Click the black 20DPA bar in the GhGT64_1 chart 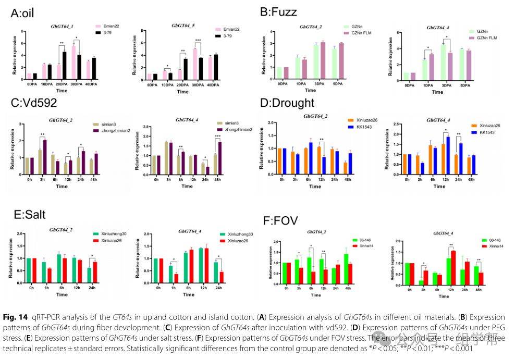tap(65, 63)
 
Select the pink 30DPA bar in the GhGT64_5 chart tap(195, 60)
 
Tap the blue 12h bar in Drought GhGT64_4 tap(448, 153)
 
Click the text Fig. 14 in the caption tap(20, 317)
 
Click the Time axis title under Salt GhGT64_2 tap(62, 294)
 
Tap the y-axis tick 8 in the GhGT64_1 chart tap(22, 31)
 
